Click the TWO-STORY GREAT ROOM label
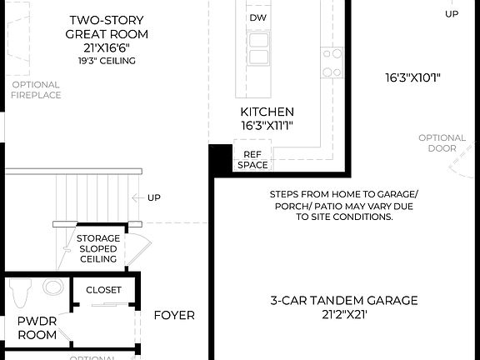coord(107,27)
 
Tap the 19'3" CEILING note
coord(107,61)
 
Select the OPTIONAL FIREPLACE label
coord(35,90)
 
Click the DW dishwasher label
coord(257,17)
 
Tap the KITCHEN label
coord(267,112)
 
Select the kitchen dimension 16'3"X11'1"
coord(267,126)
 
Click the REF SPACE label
coord(252,159)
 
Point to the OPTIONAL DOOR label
coord(442,143)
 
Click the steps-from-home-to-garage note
coord(343,205)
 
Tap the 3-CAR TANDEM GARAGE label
coord(343,300)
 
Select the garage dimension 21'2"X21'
coord(343,315)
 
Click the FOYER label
coord(174,315)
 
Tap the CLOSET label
coord(103,290)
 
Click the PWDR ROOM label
coord(37,327)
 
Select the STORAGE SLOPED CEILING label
coord(98,248)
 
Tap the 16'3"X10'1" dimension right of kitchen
coord(412,79)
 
